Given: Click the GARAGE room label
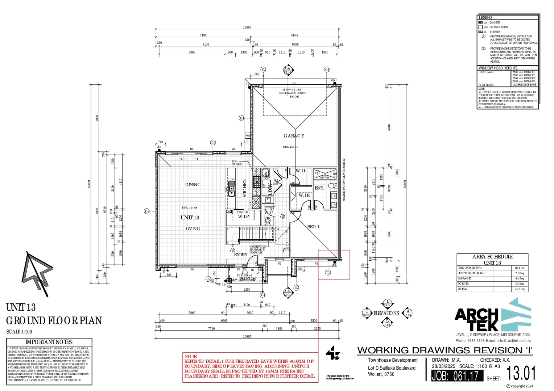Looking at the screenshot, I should point(294,136).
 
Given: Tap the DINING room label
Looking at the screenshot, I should point(193,185).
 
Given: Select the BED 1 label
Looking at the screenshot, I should point(313,227).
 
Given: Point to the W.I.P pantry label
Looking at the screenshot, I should point(243,216).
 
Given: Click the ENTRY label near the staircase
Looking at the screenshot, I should point(241,255).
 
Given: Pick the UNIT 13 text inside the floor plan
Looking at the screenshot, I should point(190,218).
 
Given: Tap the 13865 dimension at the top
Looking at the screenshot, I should point(247,28).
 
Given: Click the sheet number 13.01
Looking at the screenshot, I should point(521,373).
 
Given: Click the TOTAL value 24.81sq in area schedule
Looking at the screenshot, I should point(520,289).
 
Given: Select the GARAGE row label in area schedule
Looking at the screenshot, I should point(464,278).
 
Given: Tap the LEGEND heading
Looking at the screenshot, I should point(485,17).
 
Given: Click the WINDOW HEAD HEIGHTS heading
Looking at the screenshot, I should point(498,68).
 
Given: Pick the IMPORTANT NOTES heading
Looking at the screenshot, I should point(49,342).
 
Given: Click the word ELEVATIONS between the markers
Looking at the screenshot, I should point(386,313).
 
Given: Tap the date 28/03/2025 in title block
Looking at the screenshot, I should point(443,366).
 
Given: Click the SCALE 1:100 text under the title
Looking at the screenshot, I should point(19,332).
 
